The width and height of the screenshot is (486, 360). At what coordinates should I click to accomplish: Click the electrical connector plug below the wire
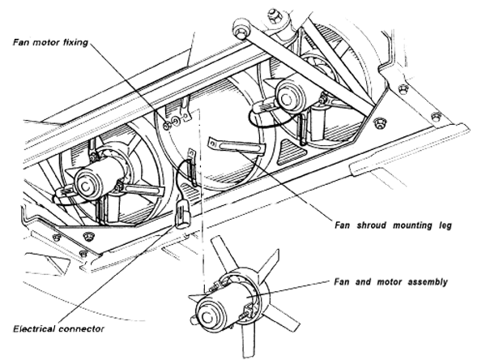pyautogui.click(x=181, y=214)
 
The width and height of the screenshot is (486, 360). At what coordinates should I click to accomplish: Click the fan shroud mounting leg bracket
pyautogui.click(x=235, y=145)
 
